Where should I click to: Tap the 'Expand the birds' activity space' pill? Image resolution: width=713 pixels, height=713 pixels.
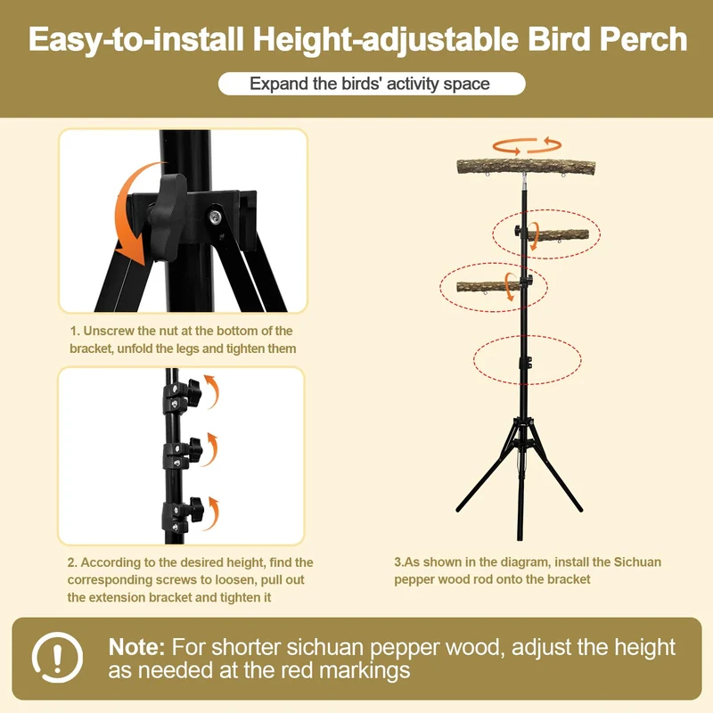(x=372, y=84)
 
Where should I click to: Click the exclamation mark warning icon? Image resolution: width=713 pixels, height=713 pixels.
(x=57, y=657)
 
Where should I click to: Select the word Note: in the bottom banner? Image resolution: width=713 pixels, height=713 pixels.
(x=136, y=647)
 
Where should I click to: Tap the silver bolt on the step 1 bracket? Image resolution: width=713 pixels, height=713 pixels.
(x=215, y=216)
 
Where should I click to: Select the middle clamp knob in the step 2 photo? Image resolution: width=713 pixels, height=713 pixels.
(x=194, y=449)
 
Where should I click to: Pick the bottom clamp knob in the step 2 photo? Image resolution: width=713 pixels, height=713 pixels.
(x=196, y=509)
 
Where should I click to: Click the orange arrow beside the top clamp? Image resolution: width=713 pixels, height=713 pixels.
(x=213, y=391)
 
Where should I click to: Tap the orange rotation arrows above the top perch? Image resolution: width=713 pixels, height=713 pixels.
(x=527, y=145)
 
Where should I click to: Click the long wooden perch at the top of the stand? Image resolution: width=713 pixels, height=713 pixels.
(x=526, y=167)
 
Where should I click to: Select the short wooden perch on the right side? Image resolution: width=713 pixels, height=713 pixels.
(x=558, y=235)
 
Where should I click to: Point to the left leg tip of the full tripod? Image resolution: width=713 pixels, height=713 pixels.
(x=458, y=509)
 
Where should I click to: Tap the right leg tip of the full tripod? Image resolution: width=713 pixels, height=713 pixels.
(x=580, y=509)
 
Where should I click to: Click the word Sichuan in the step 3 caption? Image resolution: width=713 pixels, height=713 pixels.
(x=637, y=562)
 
